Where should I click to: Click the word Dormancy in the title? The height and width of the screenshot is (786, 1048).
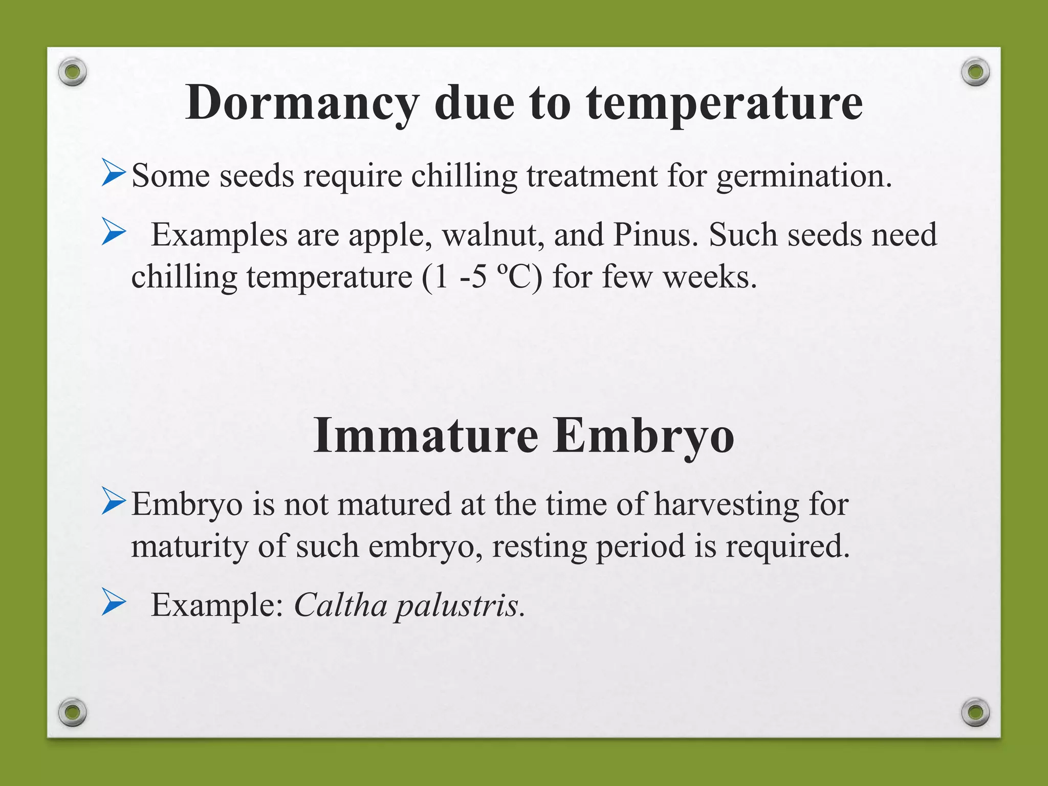click(301, 103)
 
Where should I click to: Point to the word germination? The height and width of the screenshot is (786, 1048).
click(804, 176)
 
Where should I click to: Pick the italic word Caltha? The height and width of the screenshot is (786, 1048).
click(340, 605)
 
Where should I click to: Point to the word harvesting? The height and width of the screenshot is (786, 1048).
click(727, 504)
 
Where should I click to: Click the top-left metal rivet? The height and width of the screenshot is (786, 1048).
click(72, 71)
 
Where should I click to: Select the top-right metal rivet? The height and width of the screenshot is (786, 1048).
click(975, 71)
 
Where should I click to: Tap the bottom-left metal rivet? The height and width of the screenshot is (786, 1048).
click(72, 712)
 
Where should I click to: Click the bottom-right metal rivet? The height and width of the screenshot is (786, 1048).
click(975, 712)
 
